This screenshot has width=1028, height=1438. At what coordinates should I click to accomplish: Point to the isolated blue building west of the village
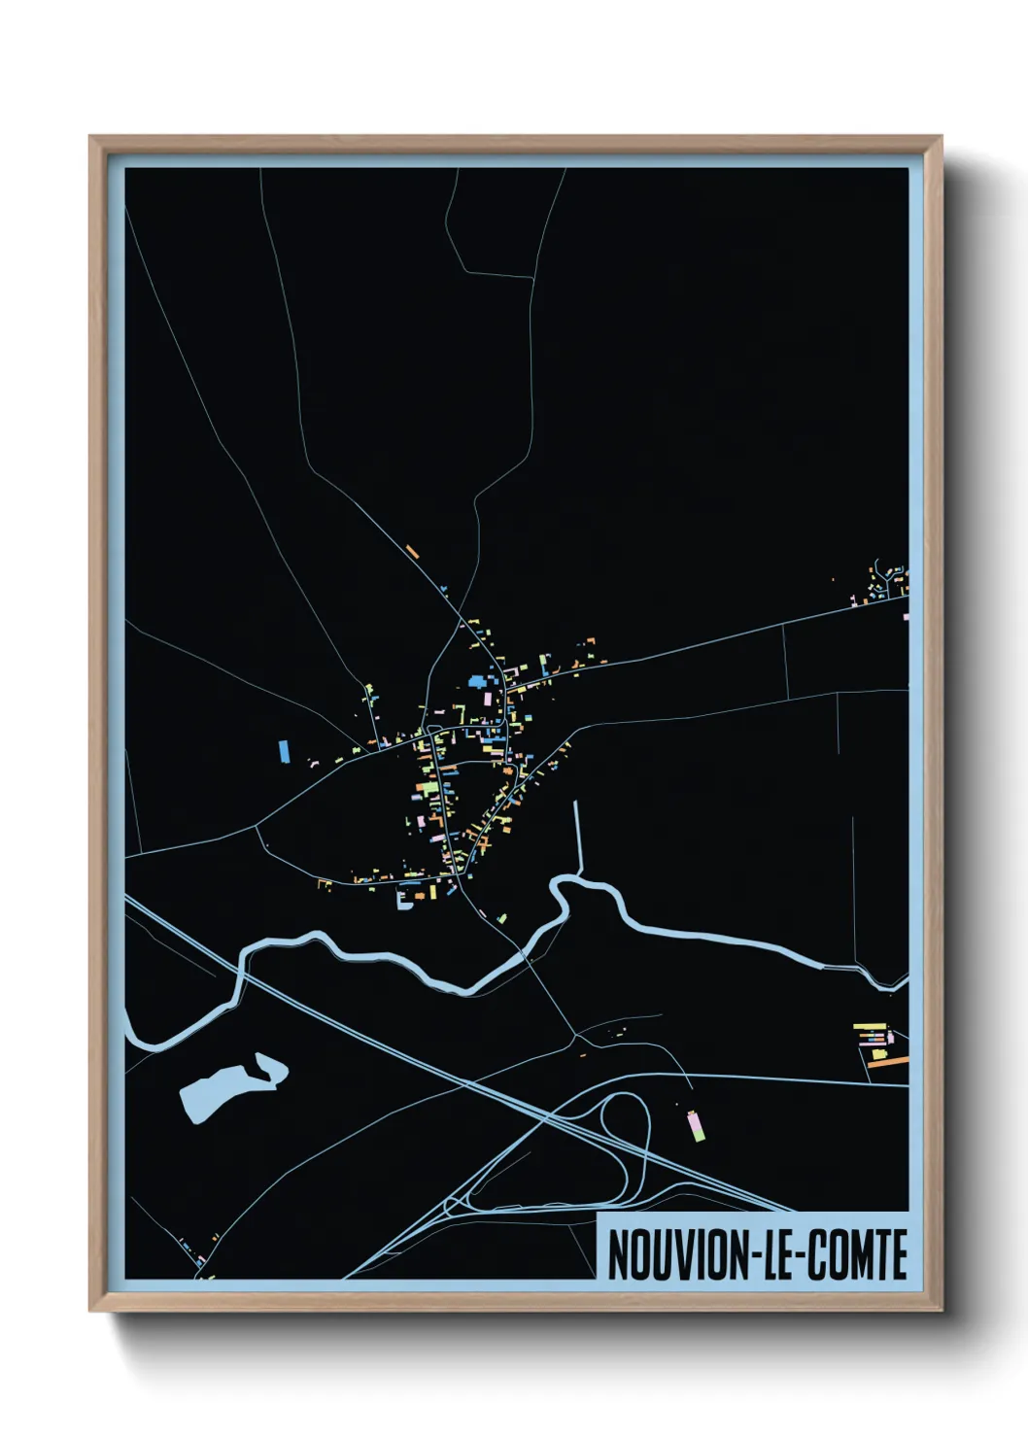284,750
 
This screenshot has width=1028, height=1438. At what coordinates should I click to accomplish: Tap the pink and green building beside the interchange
695,1125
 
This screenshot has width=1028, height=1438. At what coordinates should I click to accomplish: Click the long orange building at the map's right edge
887,1062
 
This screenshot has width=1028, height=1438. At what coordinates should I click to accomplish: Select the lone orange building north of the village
412,551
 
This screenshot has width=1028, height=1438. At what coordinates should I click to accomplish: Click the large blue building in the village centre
477,681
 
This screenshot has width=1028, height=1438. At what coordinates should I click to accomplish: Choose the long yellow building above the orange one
870,1025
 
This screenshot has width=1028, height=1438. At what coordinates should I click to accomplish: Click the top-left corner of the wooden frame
92,139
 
